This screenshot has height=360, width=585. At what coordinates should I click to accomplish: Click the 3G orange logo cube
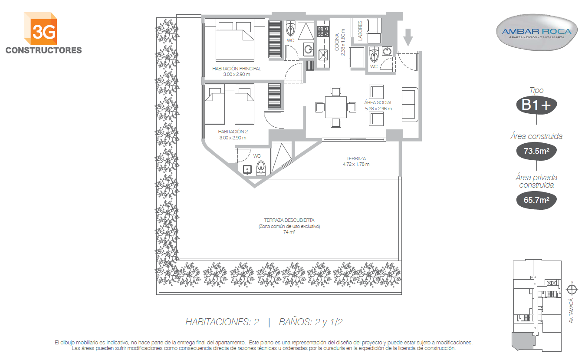40,29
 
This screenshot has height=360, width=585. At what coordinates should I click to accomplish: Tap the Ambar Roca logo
537,33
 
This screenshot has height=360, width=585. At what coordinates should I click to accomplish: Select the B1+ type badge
536,105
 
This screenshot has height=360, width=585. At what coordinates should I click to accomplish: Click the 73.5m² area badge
536,151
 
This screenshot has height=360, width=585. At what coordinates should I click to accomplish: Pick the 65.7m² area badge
536,200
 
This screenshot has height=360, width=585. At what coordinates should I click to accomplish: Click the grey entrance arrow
408,37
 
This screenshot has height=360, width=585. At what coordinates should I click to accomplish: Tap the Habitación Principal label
237,71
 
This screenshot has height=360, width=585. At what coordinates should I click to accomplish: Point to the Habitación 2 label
233,135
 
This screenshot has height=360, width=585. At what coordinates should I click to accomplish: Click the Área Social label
378,105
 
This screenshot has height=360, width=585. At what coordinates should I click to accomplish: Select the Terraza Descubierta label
289,226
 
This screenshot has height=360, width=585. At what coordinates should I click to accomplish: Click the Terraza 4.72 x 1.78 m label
356,161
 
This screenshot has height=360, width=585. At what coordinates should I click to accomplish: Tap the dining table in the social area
336,107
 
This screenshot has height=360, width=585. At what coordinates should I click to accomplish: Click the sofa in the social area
410,105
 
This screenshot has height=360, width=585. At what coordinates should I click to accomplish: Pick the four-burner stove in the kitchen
323,31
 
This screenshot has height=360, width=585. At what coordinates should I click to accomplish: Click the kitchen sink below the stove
323,55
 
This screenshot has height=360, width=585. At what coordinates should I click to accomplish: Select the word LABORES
360,30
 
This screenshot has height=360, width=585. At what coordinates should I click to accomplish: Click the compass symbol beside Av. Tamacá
572,290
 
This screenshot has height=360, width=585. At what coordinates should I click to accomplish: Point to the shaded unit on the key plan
523,341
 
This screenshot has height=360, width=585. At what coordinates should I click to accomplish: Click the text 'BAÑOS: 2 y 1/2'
311,322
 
